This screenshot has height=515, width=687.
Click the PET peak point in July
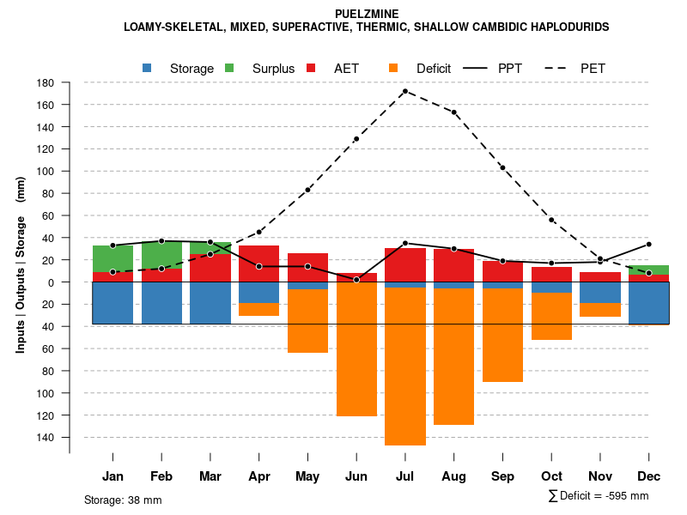coord(404,91)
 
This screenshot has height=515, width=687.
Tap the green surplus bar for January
coord(112,258)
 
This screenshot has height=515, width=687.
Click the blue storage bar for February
coord(161,303)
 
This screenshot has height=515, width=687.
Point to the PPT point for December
coord(649,244)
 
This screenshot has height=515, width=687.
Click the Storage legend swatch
coord(147,69)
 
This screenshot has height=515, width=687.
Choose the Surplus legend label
coord(273,69)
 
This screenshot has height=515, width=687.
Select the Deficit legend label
coord(434,69)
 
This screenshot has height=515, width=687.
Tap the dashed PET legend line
coord(562,69)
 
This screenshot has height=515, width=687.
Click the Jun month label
coord(356,476)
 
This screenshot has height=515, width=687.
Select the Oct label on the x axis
coord(551,476)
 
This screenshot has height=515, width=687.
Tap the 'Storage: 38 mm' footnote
coord(123,500)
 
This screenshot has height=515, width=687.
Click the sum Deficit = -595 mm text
coord(599,495)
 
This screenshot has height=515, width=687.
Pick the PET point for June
coord(356,139)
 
